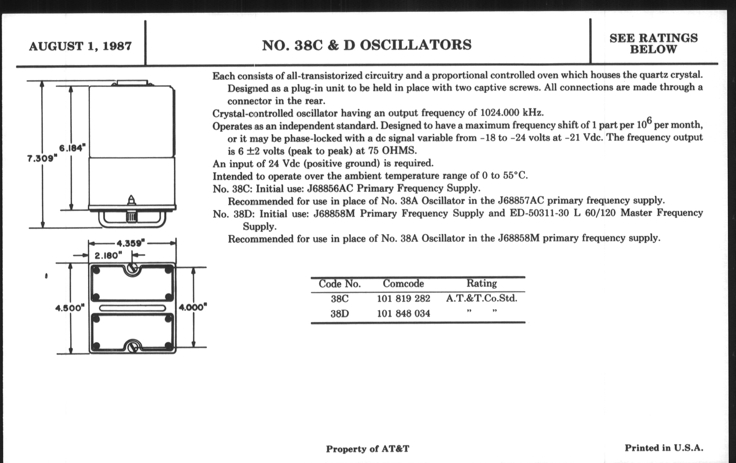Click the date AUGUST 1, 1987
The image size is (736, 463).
[80, 46]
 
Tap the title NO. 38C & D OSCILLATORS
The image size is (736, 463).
[366, 45]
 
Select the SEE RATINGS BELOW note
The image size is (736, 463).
[653, 43]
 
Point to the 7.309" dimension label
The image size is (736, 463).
[42, 159]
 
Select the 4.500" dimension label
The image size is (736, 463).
[70, 308]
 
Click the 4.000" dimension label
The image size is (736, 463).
[193, 307]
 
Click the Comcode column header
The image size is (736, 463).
[403, 284]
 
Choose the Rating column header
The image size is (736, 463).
[481, 283]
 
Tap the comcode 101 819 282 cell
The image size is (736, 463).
[403, 298]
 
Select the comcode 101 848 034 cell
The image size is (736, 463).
[403, 313]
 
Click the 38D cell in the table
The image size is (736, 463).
[339, 314]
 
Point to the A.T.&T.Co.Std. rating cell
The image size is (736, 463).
[481, 298]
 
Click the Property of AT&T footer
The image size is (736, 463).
[367, 449]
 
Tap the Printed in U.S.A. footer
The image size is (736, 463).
[664, 448]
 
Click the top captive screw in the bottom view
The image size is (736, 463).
[132, 269]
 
